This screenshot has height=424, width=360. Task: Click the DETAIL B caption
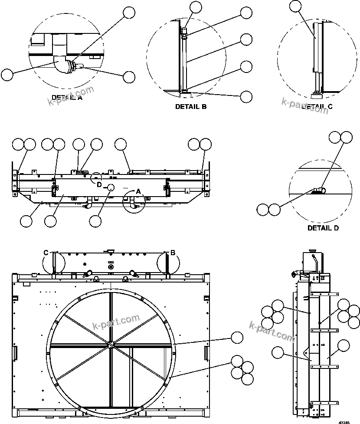click(190, 106)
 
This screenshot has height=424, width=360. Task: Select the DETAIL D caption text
click(323, 228)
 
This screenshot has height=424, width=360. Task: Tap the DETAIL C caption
click(317, 106)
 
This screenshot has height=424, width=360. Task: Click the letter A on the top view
click(139, 191)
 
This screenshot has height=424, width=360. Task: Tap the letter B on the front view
click(173, 253)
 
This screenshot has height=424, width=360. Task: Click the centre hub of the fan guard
click(111, 345)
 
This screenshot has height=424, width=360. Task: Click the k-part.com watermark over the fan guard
click(116, 322)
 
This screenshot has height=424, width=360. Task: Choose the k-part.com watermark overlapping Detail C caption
click(305, 105)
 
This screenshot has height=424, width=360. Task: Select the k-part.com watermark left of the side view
click(272, 331)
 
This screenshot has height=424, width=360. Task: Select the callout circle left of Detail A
click(7, 75)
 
